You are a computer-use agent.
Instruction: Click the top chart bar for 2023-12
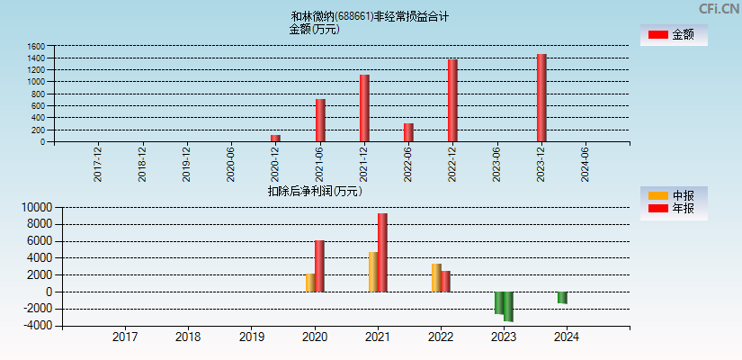pos(541,97)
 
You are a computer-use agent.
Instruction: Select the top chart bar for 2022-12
pos(452,100)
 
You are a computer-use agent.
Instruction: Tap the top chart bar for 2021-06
pos(320,120)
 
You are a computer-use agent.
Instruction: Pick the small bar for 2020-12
pos(275,138)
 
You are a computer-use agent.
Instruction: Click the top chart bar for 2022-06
pos(408,132)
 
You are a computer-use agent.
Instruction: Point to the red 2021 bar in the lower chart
pos(382,252)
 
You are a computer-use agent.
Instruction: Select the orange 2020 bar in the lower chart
pos(309,283)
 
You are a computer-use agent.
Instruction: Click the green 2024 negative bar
pos(562,298)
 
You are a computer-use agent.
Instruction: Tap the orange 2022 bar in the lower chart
pos(436,277)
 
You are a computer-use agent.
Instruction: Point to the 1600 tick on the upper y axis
pos(36,46)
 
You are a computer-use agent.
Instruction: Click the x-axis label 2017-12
pos(98,164)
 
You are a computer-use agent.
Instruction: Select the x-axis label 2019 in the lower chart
pos(251,337)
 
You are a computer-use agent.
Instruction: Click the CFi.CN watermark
pos(719,8)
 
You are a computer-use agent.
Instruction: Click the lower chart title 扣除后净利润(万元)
pos(315,191)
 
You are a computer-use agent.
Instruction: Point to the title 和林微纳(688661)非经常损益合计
pos(370,16)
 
